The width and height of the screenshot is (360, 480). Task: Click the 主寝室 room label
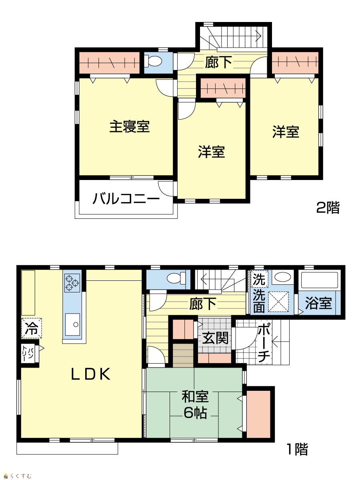coord(129,127)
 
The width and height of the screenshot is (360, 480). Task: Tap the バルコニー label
coord(126,199)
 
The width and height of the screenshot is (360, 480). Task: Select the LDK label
coord(91,374)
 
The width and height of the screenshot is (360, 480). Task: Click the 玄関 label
coord(215,338)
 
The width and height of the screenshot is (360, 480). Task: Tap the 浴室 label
coord(318,303)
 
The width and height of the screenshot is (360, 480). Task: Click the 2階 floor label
coord(328,208)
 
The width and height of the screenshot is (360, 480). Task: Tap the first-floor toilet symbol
coord(176,278)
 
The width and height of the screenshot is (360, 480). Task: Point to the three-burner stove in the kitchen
coord(72,283)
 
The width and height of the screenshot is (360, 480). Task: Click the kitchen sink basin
coord(72,324)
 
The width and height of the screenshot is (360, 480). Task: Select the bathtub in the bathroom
coord(320,280)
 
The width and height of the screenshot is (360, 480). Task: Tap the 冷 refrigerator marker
coord(32,328)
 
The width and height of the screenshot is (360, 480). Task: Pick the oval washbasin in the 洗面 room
coord(283,277)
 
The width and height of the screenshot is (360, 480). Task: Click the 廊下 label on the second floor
coord(218,62)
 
